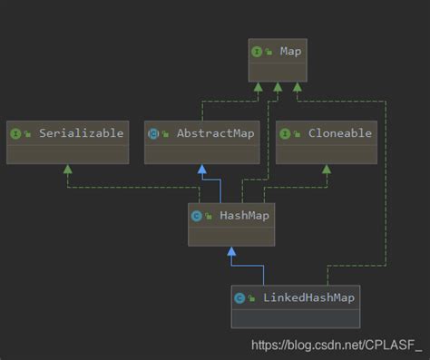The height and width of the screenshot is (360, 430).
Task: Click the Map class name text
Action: (291, 52)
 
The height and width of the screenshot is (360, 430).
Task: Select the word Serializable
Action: (81, 132)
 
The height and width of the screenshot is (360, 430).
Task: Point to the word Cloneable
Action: (338, 132)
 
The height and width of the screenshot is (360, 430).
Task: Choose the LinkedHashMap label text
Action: (308, 297)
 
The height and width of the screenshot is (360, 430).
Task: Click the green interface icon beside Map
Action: (258, 52)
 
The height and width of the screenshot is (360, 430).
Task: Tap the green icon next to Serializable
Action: (16, 132)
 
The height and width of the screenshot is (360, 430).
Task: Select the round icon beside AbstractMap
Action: (154, 132)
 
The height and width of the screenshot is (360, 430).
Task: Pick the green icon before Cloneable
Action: (286, 132)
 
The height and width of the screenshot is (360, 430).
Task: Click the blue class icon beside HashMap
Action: (197, 215)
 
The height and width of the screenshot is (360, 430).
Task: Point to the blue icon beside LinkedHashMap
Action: (239, 297)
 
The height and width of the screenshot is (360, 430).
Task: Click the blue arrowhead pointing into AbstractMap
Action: (200, 170)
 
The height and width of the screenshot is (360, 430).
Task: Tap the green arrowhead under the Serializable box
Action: (65, 170)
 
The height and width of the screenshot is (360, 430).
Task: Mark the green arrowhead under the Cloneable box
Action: (326, 170)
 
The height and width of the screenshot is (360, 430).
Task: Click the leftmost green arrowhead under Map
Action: (259, 88)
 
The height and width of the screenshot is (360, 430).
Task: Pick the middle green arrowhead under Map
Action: (276, 88)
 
